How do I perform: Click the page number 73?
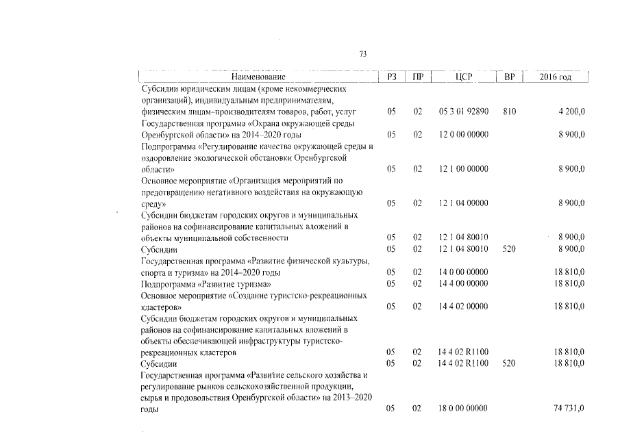[x=363, y=55]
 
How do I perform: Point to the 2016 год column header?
[x=555, y=77]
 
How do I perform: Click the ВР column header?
[x=509, y=77]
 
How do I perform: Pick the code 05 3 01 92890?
[x=464, y=111]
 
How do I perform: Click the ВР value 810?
[x=509, y=111]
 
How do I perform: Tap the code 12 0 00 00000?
[x=464, y=135]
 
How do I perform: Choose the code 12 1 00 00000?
[x=464, y=168]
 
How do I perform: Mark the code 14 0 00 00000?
[x=464, y=272]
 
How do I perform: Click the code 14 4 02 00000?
[x=464, y=307]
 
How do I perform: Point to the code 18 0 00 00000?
[x=464, y=409]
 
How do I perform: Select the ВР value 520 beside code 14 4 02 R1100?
[x=509, y=364]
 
